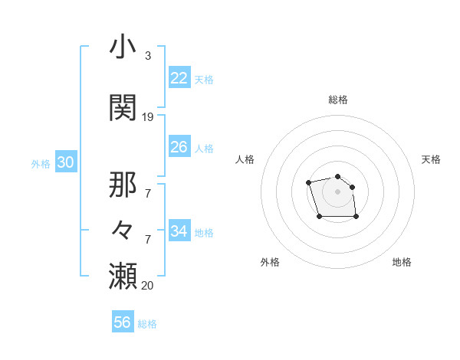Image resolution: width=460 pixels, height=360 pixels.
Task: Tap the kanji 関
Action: [123, 107]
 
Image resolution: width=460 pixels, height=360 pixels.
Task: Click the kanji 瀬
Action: [123, 275]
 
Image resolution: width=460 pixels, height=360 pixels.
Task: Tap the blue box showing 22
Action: [179, 78]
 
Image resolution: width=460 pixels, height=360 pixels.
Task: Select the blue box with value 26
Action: [179, 147]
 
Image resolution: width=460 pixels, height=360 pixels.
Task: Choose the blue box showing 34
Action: [179, 231]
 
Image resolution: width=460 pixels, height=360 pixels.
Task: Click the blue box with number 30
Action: [65, 162]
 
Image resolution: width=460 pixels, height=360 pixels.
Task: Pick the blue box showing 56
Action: [123, 322]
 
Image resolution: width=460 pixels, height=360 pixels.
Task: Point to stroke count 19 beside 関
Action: [148, 117]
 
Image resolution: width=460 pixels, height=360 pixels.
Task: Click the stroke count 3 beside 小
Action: [147, 56]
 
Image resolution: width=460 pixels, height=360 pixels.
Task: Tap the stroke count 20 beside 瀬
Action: [148, 285]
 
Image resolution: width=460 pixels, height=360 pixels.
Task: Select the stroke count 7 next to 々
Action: [147, 239]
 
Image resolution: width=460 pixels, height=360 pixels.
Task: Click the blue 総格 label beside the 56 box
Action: [147, 324]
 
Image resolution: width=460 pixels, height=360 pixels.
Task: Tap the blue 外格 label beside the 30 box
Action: [41, 163]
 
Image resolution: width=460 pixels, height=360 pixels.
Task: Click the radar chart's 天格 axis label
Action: [431, 159]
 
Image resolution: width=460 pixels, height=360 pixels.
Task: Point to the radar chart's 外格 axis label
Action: [270, 262]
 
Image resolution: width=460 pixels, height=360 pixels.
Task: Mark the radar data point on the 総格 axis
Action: [337, 173]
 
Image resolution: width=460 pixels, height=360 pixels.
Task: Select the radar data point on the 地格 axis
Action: [356, 217]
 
